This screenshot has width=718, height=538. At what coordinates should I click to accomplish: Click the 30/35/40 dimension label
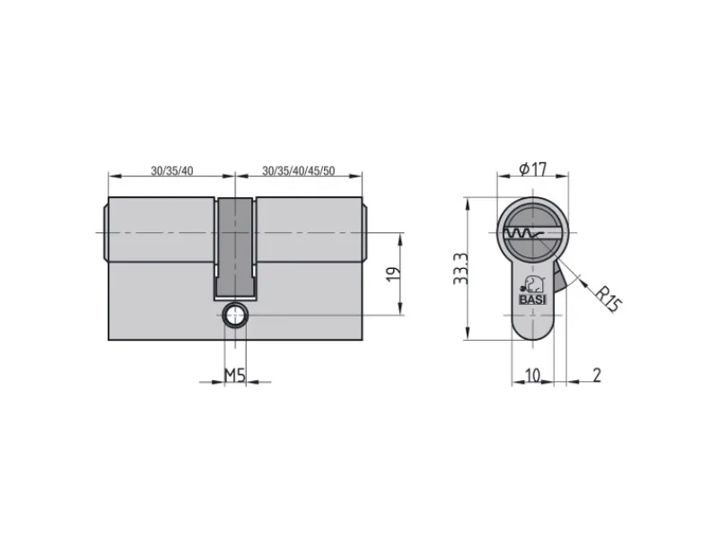[x=172, y=170]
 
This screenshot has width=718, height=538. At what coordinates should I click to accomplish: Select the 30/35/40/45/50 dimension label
[x=299, y=170]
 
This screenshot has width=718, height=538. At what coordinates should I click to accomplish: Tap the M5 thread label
[x=235, y=376]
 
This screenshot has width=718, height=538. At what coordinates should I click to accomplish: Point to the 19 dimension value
[x=394, y=273]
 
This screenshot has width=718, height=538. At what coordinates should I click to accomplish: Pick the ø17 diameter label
[x=533, y=169]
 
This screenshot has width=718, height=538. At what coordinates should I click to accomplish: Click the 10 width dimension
[x=532, y=375]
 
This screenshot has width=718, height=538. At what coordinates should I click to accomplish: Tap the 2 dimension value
[x=597, y=375]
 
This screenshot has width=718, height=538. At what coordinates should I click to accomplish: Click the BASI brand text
[x=532, y=299]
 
